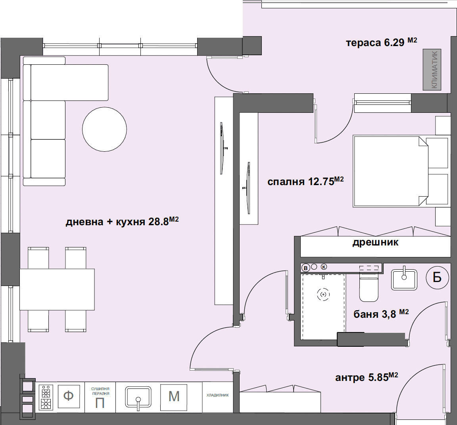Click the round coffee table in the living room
(x=104, y=129)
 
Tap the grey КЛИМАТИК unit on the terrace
(x=432, y=70)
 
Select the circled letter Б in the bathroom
(x=437, y=277)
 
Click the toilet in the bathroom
(x=369, y=285)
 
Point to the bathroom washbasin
(x=404, y=279)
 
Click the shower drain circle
(x=323, y=295)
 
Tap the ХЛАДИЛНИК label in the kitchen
(x=217, y=395)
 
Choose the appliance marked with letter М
(x=174, y=396)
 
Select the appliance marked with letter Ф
(x=69, y=396)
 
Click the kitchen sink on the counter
(x=138, y=396)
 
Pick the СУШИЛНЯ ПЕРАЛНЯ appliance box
(x=100, y=397)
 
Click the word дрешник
(x=375, y=243)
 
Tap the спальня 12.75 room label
(x=305, y=181)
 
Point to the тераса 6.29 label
(x=382, y=42)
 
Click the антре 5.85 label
(x=367, y=377)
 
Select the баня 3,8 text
(x=381, y=314)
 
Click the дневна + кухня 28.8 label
(x=122, y=222)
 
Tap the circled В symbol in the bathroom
(x=305, y=267)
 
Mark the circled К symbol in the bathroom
(x=324, y=267)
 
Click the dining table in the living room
(x=57, y=289)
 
